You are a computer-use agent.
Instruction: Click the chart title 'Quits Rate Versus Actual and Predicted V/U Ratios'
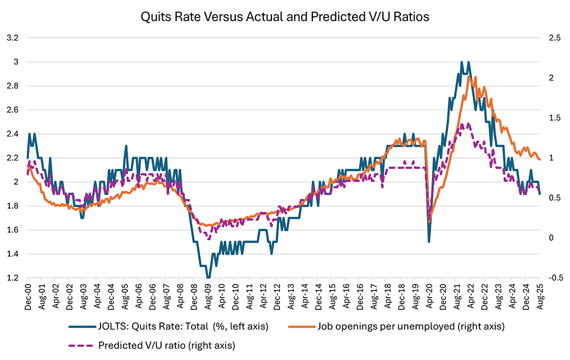[285, 17]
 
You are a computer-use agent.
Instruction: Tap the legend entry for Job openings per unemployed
[410, 327]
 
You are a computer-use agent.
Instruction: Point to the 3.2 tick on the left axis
[13, 38]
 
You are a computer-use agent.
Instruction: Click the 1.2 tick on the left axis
[13, 278]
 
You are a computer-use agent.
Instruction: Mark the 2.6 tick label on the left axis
[13, 110]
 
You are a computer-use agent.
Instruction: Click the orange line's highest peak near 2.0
[469, 76]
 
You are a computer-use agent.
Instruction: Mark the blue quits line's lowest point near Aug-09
[208, 278]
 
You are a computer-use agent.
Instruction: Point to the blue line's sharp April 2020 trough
[429, 241]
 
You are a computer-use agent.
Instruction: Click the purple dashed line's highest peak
[463, 124]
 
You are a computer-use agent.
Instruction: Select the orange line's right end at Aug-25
[539, 159]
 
